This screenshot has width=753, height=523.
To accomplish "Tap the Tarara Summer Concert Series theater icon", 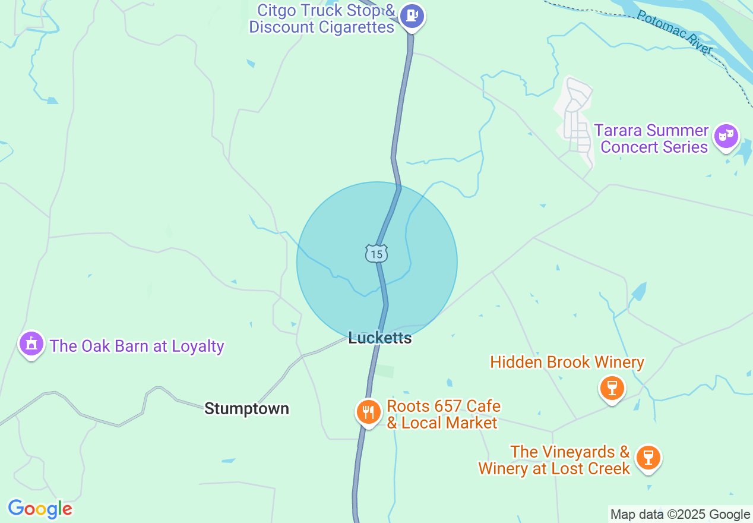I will pos(726,136).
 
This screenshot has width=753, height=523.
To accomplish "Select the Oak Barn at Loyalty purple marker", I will pos(31,344).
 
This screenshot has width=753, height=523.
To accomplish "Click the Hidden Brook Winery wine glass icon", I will pos(612,388).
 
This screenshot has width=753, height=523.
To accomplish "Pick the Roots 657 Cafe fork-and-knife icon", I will pos(368,411).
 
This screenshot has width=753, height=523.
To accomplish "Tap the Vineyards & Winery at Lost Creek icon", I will pos(648,458).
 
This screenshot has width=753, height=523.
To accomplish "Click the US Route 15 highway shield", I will pos(376,254).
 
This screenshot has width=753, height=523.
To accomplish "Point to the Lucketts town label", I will pos(380,338).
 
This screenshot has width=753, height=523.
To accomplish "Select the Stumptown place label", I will pos(246,408).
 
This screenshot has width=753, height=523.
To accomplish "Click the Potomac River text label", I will pos(674,33).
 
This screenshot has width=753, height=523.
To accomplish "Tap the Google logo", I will pos(40,509).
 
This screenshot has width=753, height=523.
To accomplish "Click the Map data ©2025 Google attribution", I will pos(680,515).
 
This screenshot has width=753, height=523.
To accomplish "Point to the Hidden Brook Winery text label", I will pos(567,362).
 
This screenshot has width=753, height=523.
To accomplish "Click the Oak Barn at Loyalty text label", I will pos(137,346).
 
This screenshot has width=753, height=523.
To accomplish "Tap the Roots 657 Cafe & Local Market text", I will pos(443,415).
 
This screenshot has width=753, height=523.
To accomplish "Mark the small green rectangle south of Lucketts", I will pos(385,371).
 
